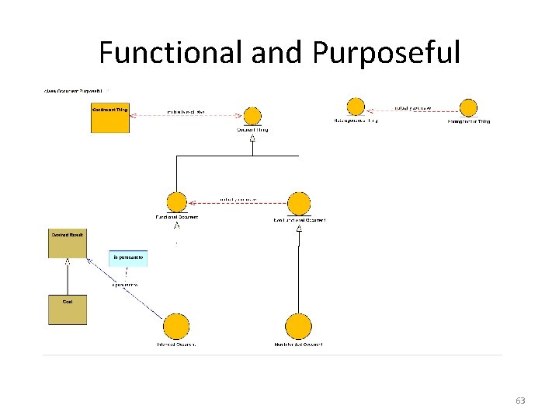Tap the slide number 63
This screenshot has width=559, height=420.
tap(520, 401)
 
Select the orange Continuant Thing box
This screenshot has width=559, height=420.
tap(110, 119)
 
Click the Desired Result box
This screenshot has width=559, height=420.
tap(68, 244)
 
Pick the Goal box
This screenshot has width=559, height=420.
tap(68, 310)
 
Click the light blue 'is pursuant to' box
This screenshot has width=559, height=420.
tap(128, 258)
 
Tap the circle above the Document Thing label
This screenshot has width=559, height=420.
tap(252, 116)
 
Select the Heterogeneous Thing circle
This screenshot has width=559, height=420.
tap(356, 107)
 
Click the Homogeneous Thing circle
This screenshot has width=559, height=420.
tap(468, 107)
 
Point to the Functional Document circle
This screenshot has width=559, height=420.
tap(177, 202)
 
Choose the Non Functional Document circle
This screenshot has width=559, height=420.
tap(299, 204)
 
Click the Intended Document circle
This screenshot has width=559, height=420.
tap(177, 327)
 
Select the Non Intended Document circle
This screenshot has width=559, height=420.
tap(298, 327)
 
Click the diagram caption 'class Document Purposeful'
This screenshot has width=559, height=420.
tap(76, 91)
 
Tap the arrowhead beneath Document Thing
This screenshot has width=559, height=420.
tap(252, 138)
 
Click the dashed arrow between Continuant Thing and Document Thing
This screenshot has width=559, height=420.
tap(186, 116)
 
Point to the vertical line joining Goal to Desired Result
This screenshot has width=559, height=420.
tap(68, 277)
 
